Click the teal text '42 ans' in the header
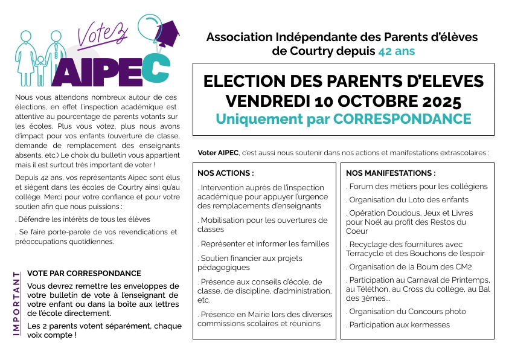tap(396, 51)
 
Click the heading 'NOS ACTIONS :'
tap(225, 173)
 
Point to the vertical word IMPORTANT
tap(17, 304)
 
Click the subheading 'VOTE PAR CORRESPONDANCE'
tap(84, 274)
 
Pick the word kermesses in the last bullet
tap(429, 324)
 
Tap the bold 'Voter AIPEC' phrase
tap(218, 152)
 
